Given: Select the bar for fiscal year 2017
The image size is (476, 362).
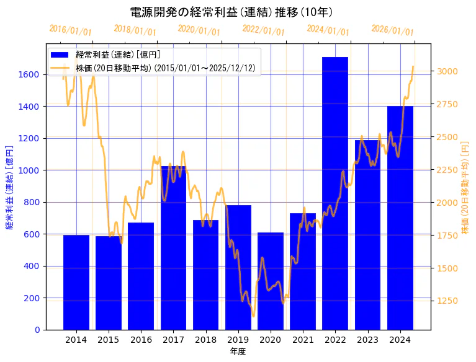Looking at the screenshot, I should point(173,248).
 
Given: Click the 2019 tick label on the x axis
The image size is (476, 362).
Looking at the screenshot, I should point(238,340).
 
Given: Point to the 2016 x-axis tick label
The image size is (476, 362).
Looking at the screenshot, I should point(141,340).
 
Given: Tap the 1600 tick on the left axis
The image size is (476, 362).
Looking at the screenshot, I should point(30,74).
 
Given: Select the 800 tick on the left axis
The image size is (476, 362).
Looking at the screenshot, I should point(32,202).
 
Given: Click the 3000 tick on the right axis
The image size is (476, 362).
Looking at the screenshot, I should point(447,71).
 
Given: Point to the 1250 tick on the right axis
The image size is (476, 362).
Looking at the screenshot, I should point(447,301).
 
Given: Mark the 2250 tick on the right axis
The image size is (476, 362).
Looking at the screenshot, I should point(447,170).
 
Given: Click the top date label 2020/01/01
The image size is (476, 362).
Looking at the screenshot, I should point(199,30).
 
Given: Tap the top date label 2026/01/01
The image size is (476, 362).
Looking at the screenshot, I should point(393,31).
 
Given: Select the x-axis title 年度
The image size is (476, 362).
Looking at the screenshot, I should point(238,351).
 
